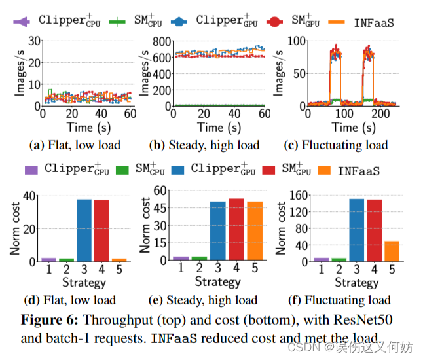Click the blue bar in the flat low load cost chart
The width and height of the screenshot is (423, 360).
click(84, 230)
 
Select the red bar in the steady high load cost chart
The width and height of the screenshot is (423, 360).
click(236, 229)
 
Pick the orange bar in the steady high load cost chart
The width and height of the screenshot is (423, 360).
click(254, 230)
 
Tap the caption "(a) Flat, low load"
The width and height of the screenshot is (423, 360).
click(74, 145)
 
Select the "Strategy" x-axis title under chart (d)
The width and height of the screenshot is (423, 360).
click(84, 283)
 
